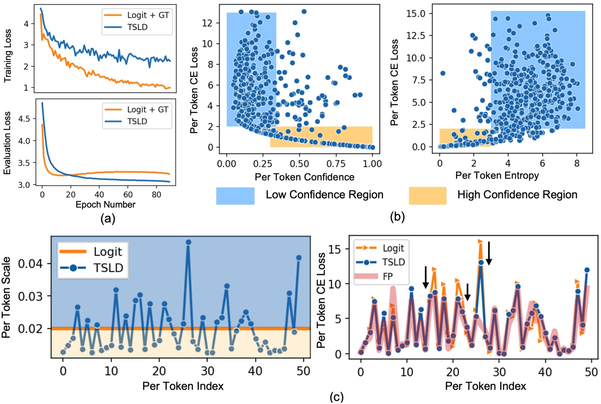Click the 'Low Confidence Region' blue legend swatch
click(x=235, y=196)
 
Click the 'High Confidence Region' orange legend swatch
click(x=427, y=196)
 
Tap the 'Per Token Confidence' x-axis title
click(x=304, y=177)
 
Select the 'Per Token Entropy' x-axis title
click(x=497, y=176)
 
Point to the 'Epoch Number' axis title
click(x=105, y=204)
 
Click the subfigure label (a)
click(x=107, y=218)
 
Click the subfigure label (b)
click(x=397, y=216)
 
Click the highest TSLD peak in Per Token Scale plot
click(x=188, y=242)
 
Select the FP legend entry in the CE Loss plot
click(x=387, y=276)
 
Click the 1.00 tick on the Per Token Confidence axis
click(x=372, y=164)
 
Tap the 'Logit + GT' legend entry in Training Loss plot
click(x=148, y=15)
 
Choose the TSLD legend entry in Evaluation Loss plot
click(x=137, y=121)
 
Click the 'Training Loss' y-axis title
click(x=7, y=56)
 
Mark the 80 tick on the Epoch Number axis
click(x=156, y=195)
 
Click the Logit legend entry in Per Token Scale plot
click(x=107, y=252)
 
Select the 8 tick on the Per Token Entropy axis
click(x=577, y=163)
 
